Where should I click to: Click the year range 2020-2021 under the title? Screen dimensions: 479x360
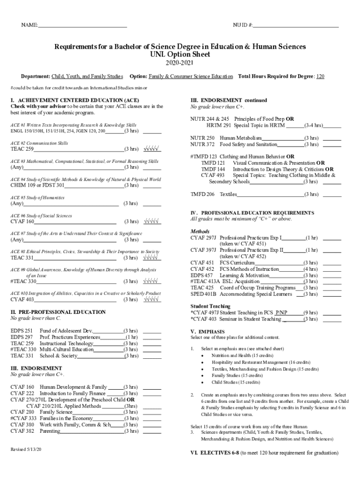(180, 64)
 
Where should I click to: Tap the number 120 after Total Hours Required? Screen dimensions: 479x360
(320, 76)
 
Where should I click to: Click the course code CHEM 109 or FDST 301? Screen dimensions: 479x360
(37, 185)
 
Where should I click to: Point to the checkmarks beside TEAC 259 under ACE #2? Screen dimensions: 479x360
(152, 149)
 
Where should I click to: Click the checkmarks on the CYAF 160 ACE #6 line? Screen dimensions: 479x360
(152, 221)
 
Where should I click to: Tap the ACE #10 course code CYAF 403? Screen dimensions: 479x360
(22, 299)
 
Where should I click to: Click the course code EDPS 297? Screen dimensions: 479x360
(22, 337)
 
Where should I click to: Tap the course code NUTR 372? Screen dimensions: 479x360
(202, 145)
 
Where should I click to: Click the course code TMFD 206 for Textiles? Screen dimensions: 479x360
(202, 194)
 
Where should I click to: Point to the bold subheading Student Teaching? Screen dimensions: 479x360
(210, 306)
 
